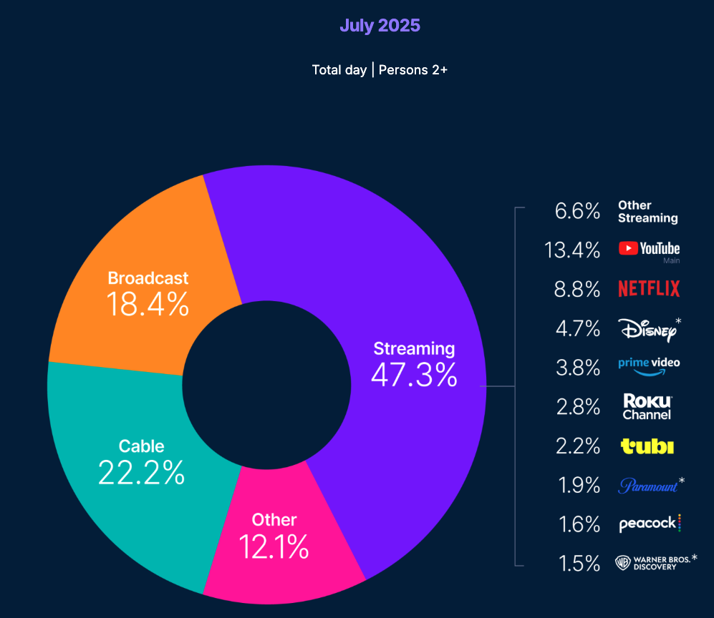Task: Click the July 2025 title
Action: coord(380,26)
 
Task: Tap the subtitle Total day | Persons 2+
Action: coord(380,69)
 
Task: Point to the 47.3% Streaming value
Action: coord(414,375)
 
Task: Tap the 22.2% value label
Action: coord(141,473)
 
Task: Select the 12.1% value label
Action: coord(274,547)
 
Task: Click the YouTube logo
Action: coord(649,249)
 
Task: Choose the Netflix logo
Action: coord(649,289)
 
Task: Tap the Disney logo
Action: coord(647,329)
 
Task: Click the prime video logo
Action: coord(649,365)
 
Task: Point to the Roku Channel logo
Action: coord(647,406)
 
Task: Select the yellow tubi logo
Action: coord(647,446)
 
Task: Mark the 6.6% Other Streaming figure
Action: coord(577,211)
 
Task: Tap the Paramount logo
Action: coord(649,486)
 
